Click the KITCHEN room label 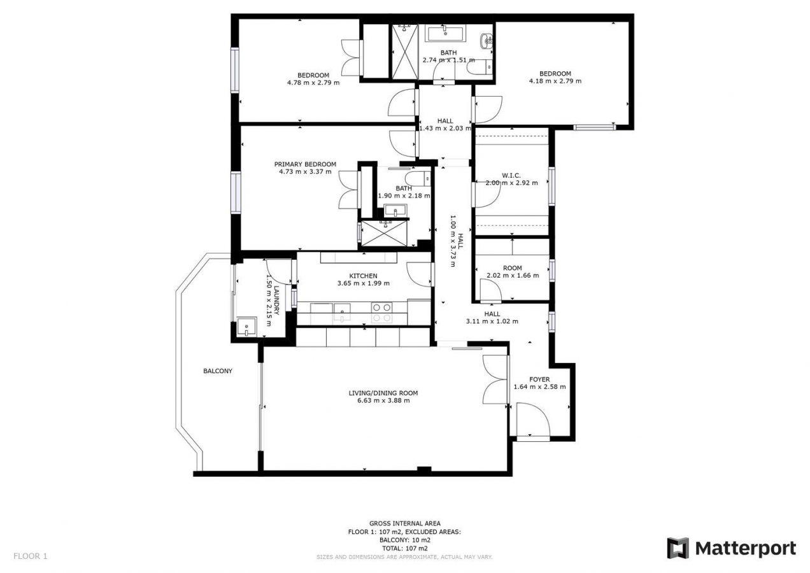(x=363, y=276)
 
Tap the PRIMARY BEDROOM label (x=305, y=164)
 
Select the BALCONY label (x=218, y=371)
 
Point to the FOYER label (x=539, y=379)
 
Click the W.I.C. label (x=511, y=176)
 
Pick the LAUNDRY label (x=276, y=301)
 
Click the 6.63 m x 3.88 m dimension (x=383, y=400)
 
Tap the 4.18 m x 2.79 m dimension (x=555, y=81)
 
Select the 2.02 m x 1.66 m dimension (x=513, y=276)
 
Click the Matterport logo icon (x=678, y=548)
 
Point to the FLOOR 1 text (x=31, y=556)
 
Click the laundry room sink (x=246, y=327)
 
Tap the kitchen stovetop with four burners (x=382, y=313)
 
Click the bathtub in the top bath (x=446, y=33)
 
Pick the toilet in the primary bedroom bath (x=418, y=179)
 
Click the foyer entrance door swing (x=533, y=420)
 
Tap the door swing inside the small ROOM (x=490, y=290)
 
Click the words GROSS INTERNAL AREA (x=404, y=523)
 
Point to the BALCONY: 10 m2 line (x=404, y=540)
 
